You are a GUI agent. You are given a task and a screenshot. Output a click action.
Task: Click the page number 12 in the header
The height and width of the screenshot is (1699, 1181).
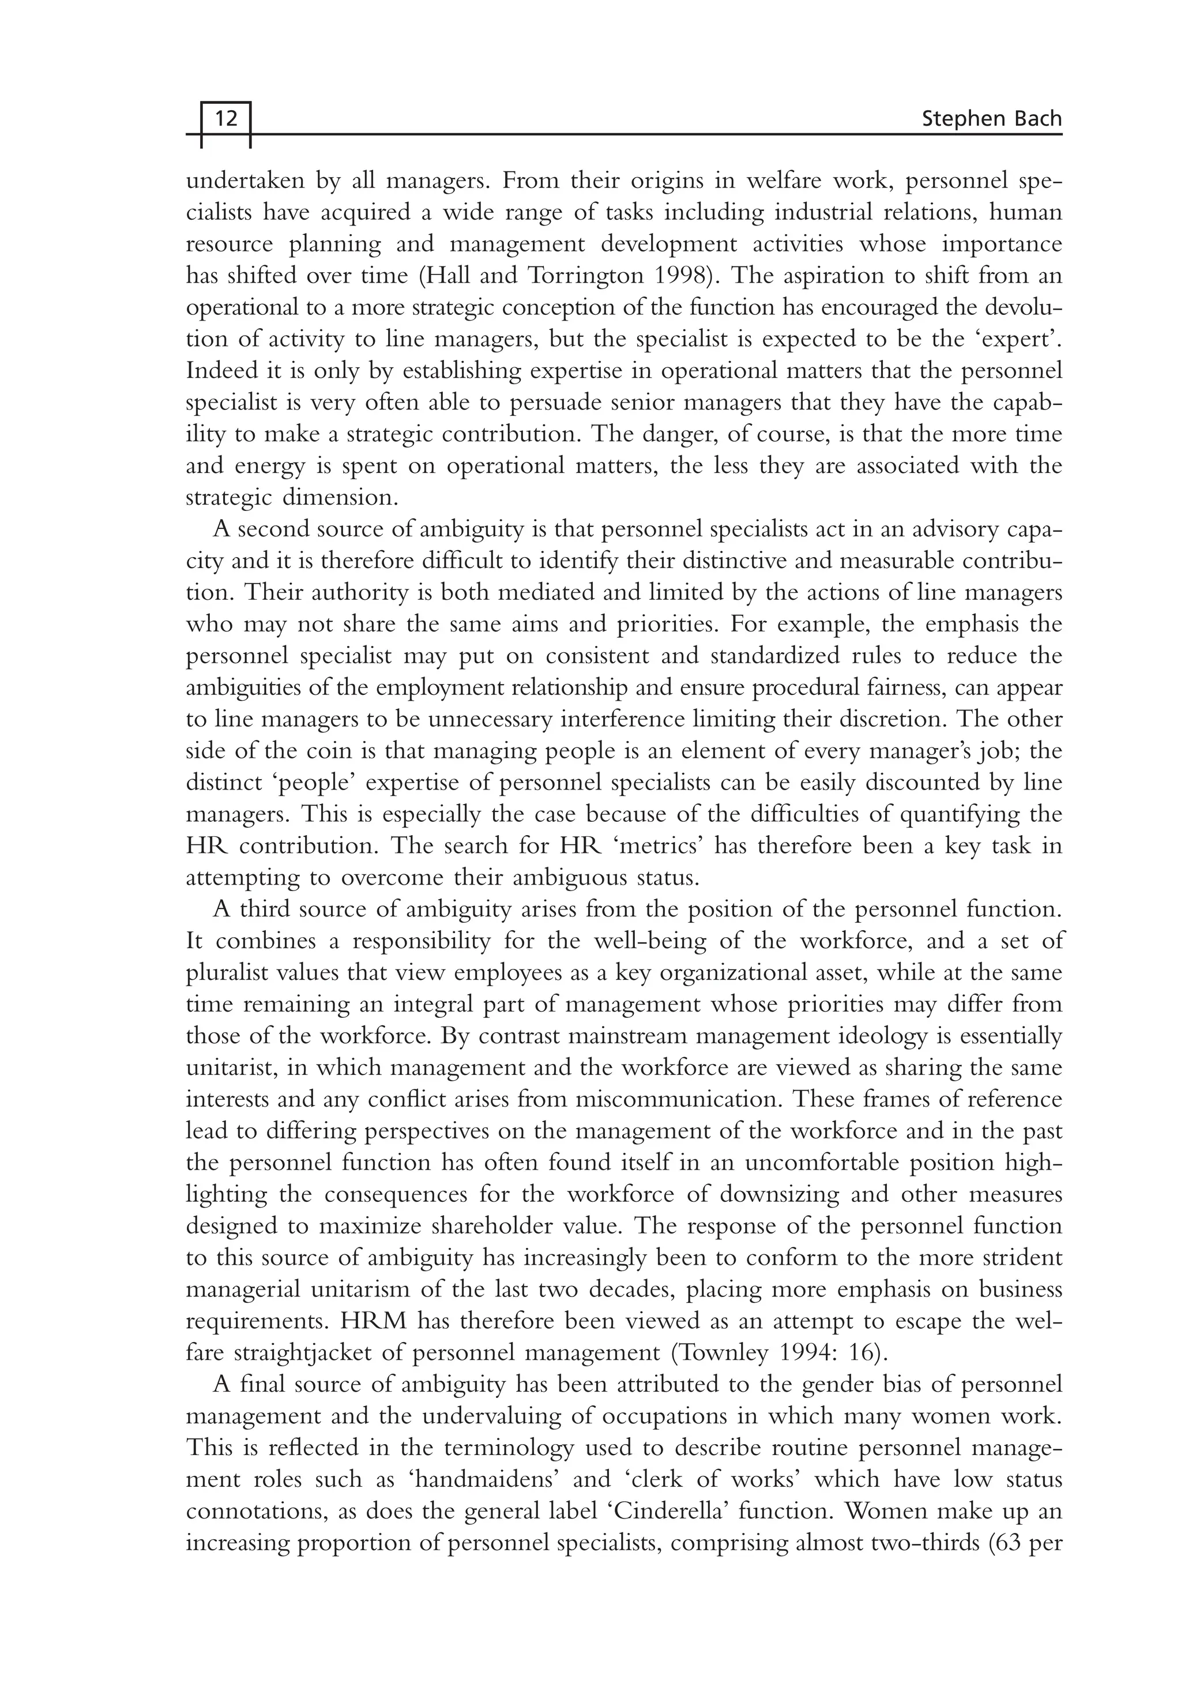click(225, 118)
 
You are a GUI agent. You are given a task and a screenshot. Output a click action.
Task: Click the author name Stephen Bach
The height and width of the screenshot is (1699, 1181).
click(991, 118)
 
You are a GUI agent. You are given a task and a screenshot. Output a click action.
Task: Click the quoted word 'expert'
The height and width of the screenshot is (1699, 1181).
click(1022, 340)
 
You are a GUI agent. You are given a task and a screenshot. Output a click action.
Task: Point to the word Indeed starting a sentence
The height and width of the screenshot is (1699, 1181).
click(220, 371)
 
